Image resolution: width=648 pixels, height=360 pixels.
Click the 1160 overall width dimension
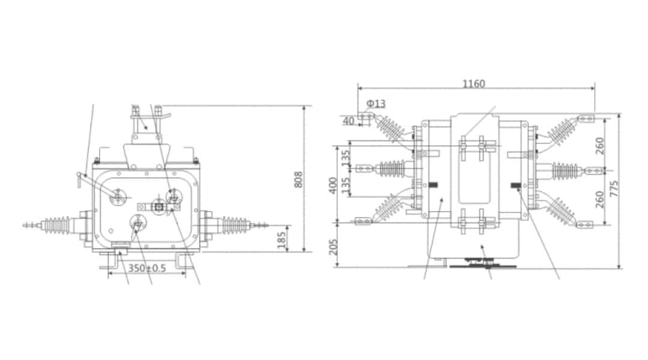[473, 84]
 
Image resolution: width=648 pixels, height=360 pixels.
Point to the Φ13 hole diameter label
[376, 104]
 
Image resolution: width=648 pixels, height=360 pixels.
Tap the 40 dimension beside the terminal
[349, 121]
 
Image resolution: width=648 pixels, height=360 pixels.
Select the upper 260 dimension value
[600, 145]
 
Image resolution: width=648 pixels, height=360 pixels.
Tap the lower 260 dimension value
[600, 197]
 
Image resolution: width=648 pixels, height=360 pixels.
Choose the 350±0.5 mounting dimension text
[147, 268]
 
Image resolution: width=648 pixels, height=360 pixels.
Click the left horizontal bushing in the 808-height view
[58, 226]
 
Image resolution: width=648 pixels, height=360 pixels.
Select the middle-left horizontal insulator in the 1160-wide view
[390, 169]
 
